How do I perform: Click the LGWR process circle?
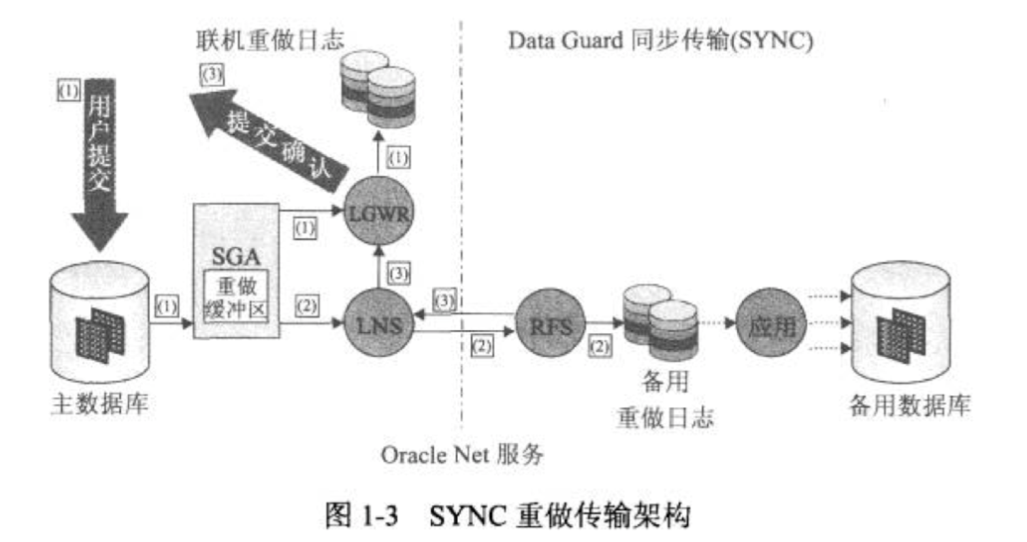coord(378,212)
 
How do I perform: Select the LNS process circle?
coord(378,324)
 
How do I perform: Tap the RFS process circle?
coord(550,324)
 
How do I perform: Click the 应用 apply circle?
coord(771,324)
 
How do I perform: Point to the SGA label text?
coord(236,257)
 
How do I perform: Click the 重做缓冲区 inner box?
coord(236,297)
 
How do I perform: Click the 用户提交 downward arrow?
coord(100,163)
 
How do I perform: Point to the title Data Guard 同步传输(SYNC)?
coord(660,40)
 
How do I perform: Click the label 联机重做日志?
coord(270,40)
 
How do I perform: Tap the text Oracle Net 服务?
coord(462,454)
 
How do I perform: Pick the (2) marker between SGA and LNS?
coord(306,306)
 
